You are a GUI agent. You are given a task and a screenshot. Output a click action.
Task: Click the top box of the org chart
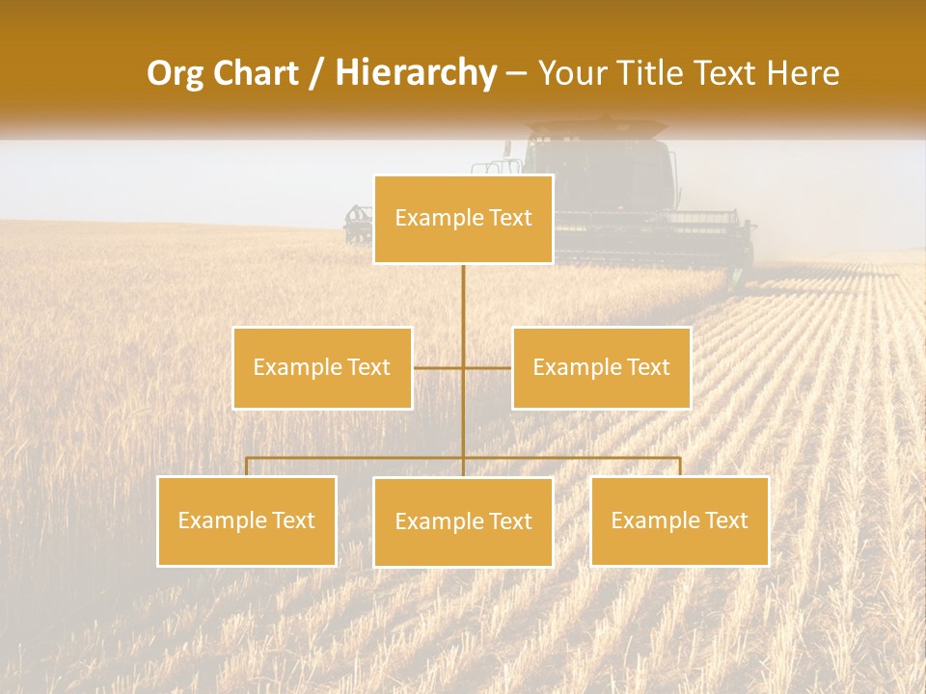coord(463,219)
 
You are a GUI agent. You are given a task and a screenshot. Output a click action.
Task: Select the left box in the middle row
coord(322,367)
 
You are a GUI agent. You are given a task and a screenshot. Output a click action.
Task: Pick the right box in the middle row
coord(601,367)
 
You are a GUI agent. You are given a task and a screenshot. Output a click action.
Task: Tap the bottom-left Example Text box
coord(247,520)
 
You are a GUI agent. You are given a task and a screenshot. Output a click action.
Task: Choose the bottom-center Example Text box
coord(463,521)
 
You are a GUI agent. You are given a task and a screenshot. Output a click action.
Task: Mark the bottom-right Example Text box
coord(679,520)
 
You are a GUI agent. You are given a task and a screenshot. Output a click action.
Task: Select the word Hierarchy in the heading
coord(416,73)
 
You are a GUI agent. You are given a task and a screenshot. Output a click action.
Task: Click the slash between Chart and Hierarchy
coord(316,73)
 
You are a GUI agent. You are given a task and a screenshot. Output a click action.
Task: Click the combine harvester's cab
coord(598,169)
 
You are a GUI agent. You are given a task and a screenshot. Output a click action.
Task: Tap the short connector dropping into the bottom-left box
coord(247,467)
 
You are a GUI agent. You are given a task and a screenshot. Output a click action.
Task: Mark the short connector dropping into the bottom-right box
coord(679,467)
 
